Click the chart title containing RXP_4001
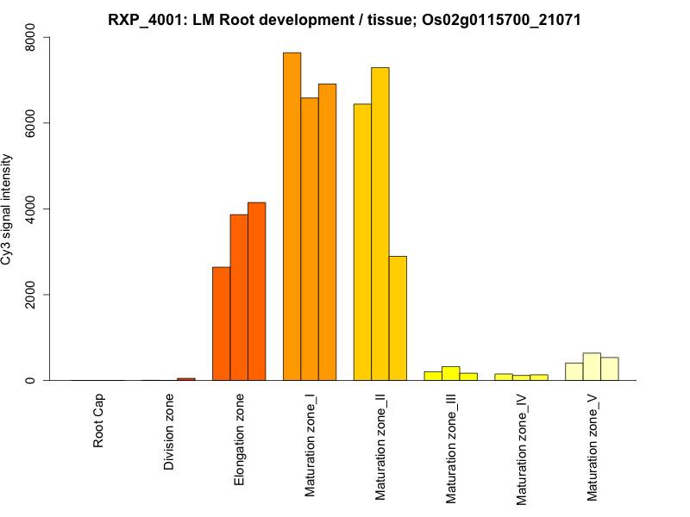tap(344, 19)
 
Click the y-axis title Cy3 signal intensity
tap(9, 209)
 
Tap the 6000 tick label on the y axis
tap(30, 123)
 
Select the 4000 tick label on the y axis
tap(30, 209)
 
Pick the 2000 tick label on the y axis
tap(30, 295)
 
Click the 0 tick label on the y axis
tap(30, 380)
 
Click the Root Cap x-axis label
tap(99, 422)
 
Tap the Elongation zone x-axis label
tap(240, 439)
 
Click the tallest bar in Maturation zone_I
tap(292, 216)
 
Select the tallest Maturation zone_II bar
tap(380, 224)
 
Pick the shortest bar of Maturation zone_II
tap(398, 318)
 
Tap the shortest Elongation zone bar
tap(222, 324)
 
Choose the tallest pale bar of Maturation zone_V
tap(592, 367)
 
